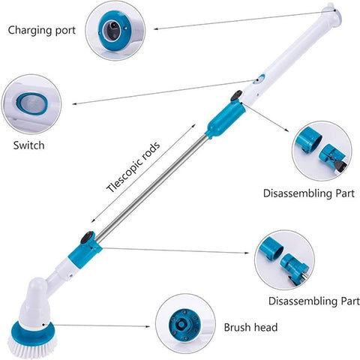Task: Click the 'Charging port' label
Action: pyautogui.click(x=42, y=31)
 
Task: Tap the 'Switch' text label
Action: pyautogui.click(x=29, y=145)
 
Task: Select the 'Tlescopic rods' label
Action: pyautogui.click(x=133, y=166)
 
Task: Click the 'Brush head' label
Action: pyautogui.click(x=250, y=327)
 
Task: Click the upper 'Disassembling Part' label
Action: pyautogui.click(x=309, y=193)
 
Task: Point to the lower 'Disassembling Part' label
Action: pyautogui.click(x=314, y=301)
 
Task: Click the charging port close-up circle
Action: pyautogui.click(x=115, y=30)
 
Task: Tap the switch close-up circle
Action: pyautogui.click(x=31, y=104)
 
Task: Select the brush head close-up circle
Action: pyautogui.click(x=185, y=324)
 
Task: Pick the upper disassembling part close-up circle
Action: pyautogui.click(x=322, y=151)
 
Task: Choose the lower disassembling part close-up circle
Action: pyautogui.click(x=285, y=259)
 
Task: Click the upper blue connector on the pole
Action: pyautogui.click(x=224, y=119)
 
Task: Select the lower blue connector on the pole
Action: pyautogui.click(x=85, y=253)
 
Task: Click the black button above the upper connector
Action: pyautogui.click(x=236, y=96)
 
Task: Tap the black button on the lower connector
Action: pyautogui.click(x=87, y=238)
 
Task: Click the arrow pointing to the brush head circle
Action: pyautogui.click(x=102, y=325)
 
